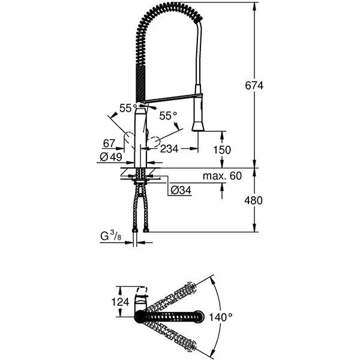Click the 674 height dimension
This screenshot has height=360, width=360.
[x=254, y=86]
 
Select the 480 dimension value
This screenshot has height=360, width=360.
[x=254, y=201]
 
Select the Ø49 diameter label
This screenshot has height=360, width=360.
[x=111, y=157]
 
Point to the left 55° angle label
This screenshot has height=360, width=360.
[x=127, y=108]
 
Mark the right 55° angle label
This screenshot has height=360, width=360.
[x=168, y=115]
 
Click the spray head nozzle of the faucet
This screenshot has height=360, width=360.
[x=199, y=125]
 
